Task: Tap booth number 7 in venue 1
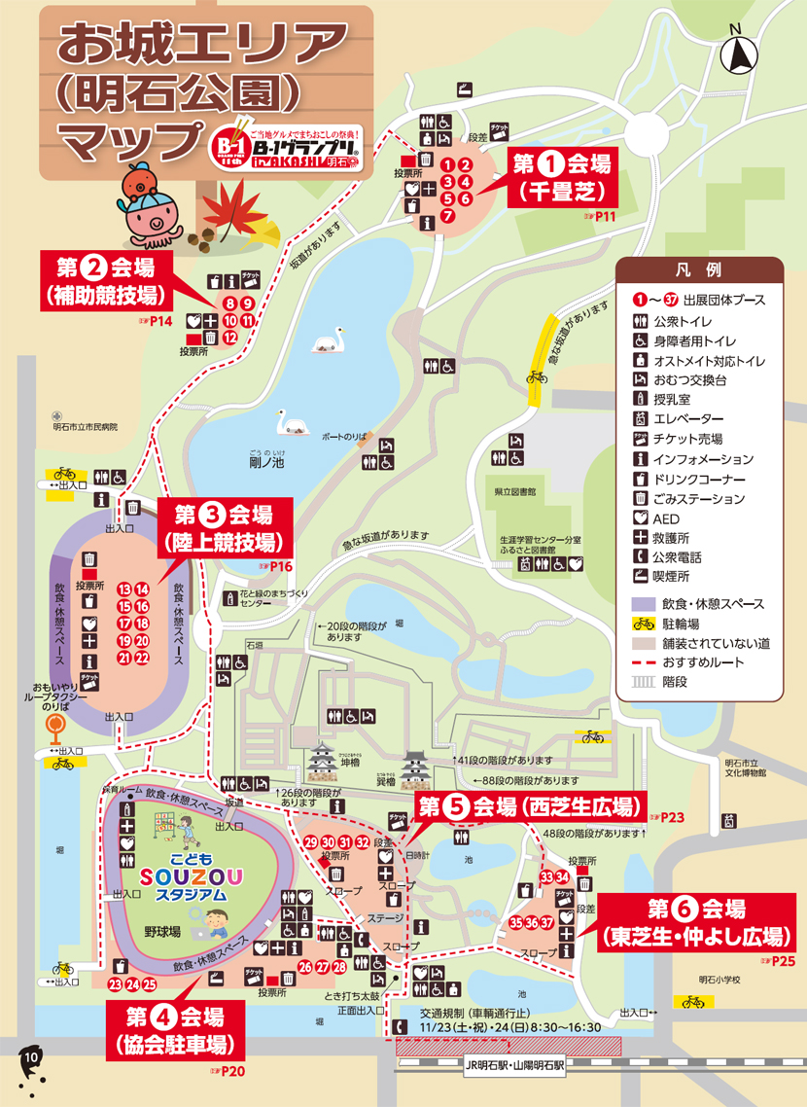[x=447, y=216]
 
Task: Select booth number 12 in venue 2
[x=229, y=337]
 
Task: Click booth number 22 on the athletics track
[x=142, y=658]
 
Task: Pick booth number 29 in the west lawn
[x=310, y=841]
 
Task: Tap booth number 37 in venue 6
[x=549, y=921]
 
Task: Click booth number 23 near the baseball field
[x=115, y=984]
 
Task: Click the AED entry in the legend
[x=667, y=518]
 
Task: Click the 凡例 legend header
[x=698, y=268]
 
